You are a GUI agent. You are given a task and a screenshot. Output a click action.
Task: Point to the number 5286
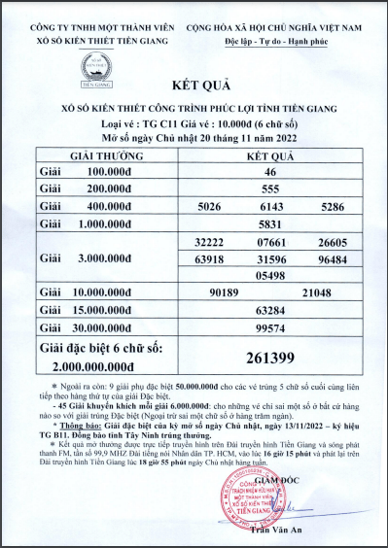coord(332,206)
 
